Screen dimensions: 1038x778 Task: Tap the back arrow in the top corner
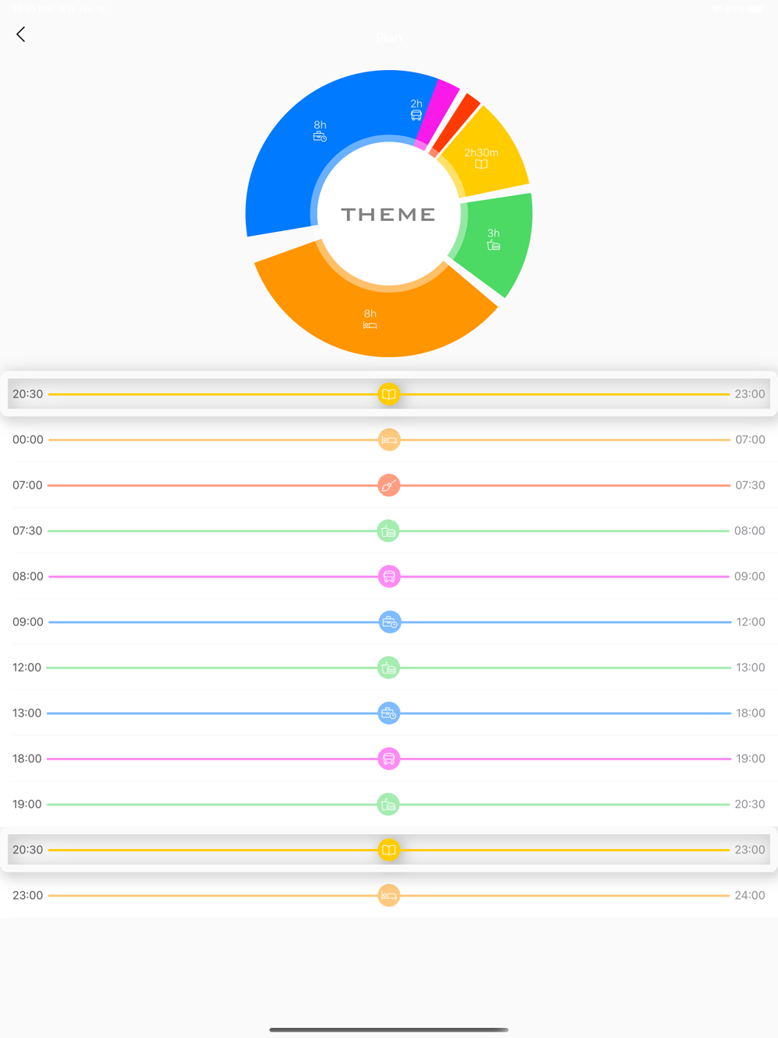(x=21, y=34)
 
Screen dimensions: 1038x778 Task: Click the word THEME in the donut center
(x=388, y=215)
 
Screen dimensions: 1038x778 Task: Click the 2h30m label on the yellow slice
(x=481, y=153)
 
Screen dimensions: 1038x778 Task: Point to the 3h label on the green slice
(x=493, y=233)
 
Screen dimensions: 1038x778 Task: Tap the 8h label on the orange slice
(x=370, y=314)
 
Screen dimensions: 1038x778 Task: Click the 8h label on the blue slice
(x=320, y=125)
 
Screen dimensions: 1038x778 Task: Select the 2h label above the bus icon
(x=416, y=103)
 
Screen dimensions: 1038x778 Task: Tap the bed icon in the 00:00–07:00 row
(x=389, y=440)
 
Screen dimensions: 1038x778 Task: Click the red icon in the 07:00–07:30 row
(x=389, y=486)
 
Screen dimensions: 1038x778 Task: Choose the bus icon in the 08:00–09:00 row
(x=389, y=577)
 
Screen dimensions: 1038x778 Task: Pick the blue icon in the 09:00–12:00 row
(x=389, y=622)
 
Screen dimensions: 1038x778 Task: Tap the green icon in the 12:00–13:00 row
(x=389, y=668)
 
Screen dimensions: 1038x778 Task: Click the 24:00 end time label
(x=749, y=896)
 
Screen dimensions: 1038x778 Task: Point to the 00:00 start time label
(x=28, y=440)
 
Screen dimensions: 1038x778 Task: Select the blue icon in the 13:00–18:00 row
(x=389, y=713)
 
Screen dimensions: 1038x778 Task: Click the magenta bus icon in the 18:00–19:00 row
(x=389, y=759)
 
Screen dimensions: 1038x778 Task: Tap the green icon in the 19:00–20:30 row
(x=389, y=804)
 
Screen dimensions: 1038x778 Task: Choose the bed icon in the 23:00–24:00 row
(x=389, y=896)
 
